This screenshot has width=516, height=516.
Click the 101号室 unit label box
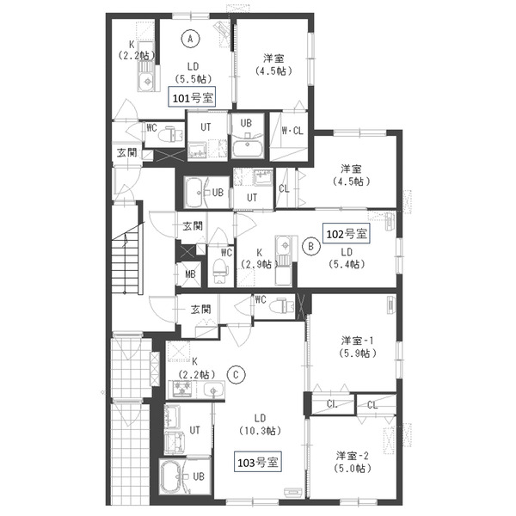(x=192, y=96)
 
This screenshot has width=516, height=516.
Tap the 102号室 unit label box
(x=347, y=233)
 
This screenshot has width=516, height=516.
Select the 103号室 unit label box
(x=258, y=462)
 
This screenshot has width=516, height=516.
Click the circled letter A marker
(x=190, y=39)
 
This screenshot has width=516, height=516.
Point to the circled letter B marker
(x=311, y=246)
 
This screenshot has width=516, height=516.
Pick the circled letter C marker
(x=236, y=375)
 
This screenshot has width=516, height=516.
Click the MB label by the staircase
(x=190, y=274)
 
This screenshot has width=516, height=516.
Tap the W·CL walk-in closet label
(x=292, y=131)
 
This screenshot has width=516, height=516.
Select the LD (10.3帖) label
(x=260, y=424)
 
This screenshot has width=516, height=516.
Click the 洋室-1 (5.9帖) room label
(x=358, y=347)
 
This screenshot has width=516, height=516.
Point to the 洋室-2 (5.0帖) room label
(x=353, y=462)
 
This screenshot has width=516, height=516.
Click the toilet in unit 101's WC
(x=170, y=133)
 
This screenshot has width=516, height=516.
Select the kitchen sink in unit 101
(x=146, y=81)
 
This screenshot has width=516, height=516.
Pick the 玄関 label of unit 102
(x=193, y=226)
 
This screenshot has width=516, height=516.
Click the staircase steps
(x=126, y=260)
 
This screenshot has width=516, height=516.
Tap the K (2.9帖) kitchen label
(x=260, y=258)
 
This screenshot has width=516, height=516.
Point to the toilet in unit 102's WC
(x=220, y=270)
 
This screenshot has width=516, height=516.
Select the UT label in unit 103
(x=194, y=430)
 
